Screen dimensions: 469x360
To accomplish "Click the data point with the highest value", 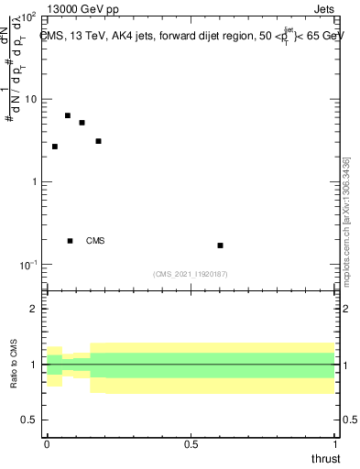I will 68,115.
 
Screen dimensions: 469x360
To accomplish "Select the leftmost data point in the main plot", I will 55,147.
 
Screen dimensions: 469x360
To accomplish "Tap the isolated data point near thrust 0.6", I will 220,245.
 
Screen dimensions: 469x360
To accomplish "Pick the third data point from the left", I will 82,123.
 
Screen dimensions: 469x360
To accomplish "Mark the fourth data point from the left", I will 98,141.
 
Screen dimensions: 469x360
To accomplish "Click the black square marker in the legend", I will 71,241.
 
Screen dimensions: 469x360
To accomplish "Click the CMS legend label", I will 95,241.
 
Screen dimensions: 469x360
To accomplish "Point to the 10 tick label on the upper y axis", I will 29,99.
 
